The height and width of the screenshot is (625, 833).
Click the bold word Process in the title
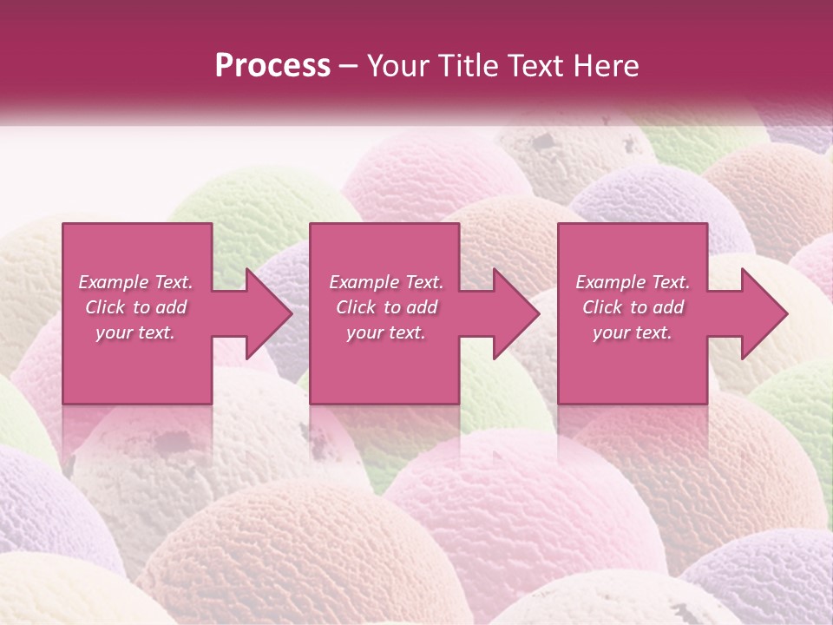[x=272, y=66]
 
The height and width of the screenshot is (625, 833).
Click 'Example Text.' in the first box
[x=136, y=282]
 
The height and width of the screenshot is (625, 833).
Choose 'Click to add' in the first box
[x=136, y=307]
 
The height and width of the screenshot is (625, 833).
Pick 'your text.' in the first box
[x=136, y=332]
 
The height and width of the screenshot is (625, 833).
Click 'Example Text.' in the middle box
[x=385, y=282]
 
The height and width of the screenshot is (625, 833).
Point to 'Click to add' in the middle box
[x=385, y=307]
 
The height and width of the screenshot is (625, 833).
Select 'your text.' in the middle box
[x=385, y=332]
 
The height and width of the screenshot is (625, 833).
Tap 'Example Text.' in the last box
[x=633, y=282]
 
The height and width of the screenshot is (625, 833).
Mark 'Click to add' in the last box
[x=633, y=307]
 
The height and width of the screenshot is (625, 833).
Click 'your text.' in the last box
[x=633, y=332]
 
